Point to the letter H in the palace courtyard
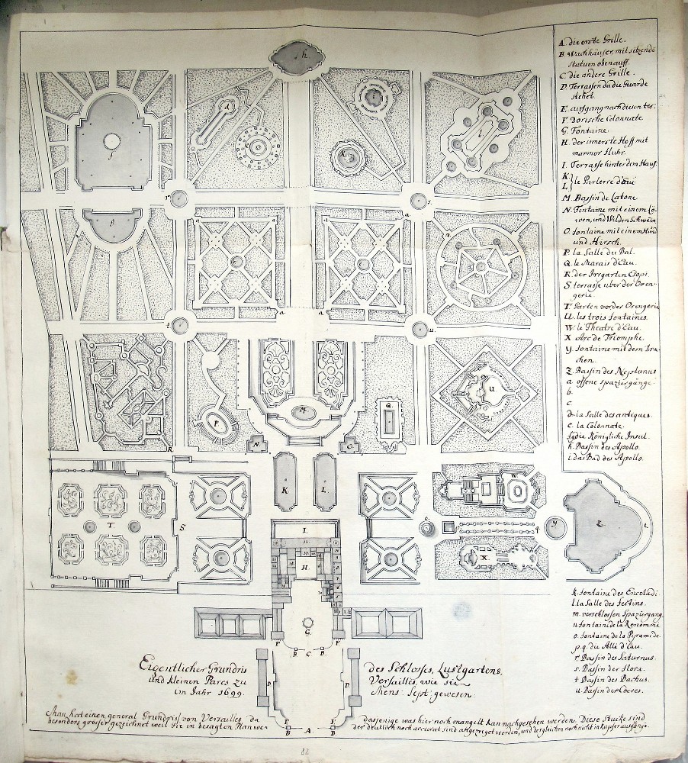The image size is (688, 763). [304, 567]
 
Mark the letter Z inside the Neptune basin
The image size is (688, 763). [600, 523]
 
